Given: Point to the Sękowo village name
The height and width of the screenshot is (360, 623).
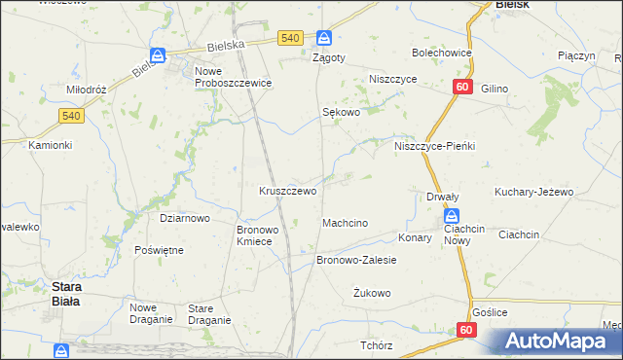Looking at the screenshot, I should click(342, 112).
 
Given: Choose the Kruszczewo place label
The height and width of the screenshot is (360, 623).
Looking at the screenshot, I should click(287, 191).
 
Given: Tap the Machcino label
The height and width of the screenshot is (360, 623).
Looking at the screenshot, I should click(345, 224).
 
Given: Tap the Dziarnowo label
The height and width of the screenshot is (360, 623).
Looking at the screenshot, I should click(185, 218).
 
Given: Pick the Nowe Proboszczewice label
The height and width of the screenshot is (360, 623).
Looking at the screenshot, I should click(233, 78).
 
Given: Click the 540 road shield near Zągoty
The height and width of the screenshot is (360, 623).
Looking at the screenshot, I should click(289, 38).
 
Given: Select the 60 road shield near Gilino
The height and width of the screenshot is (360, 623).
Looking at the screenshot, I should click(462, 88).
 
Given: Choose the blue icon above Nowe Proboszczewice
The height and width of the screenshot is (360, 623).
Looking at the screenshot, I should click(158, 56).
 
